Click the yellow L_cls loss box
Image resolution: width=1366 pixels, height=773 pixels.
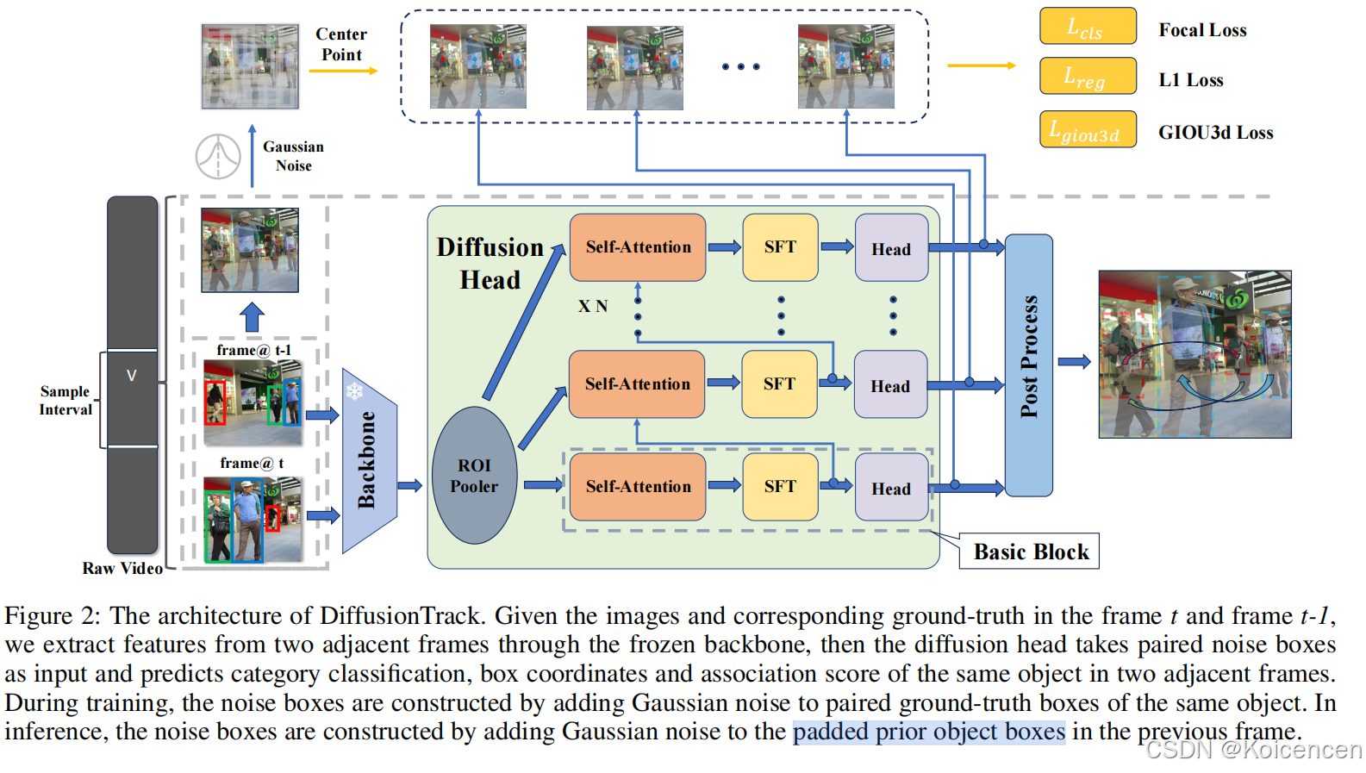tap(1087, 26)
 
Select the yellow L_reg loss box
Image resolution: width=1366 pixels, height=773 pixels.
tap(1087, 76)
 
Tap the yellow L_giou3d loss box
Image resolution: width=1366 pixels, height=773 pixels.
tap(1087, 129)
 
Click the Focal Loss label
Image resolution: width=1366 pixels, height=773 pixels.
tap(1201, 30)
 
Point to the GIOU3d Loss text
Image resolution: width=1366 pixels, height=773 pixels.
tap(1214, 133)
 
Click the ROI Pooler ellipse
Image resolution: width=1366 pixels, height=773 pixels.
tap(474, 476)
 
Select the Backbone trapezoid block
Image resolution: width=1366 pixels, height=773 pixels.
tap(369, 461)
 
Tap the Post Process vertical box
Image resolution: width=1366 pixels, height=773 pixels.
tap(1028, 365)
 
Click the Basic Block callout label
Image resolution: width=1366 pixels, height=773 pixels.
tap(1030, 552)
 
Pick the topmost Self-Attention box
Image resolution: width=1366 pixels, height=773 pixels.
tap(638, 247)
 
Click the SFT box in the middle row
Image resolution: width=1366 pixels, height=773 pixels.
tap(779, 384)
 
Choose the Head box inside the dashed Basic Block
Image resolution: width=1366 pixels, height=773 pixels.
tap(890, 489)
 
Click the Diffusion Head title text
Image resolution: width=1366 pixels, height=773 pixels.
tap(490, 263)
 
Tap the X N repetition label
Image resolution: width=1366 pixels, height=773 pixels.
tap(592, 306)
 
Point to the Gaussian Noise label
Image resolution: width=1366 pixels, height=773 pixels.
tap(293, 156)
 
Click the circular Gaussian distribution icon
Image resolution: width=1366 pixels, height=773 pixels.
tap(218, 157)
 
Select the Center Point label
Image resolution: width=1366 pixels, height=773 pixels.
tap(341, 44)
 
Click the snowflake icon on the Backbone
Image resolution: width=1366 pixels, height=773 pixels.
tap(354, 392)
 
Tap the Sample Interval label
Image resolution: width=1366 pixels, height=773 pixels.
tap(65, 401)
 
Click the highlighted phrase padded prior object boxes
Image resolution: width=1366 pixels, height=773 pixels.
tap(928, 732)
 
